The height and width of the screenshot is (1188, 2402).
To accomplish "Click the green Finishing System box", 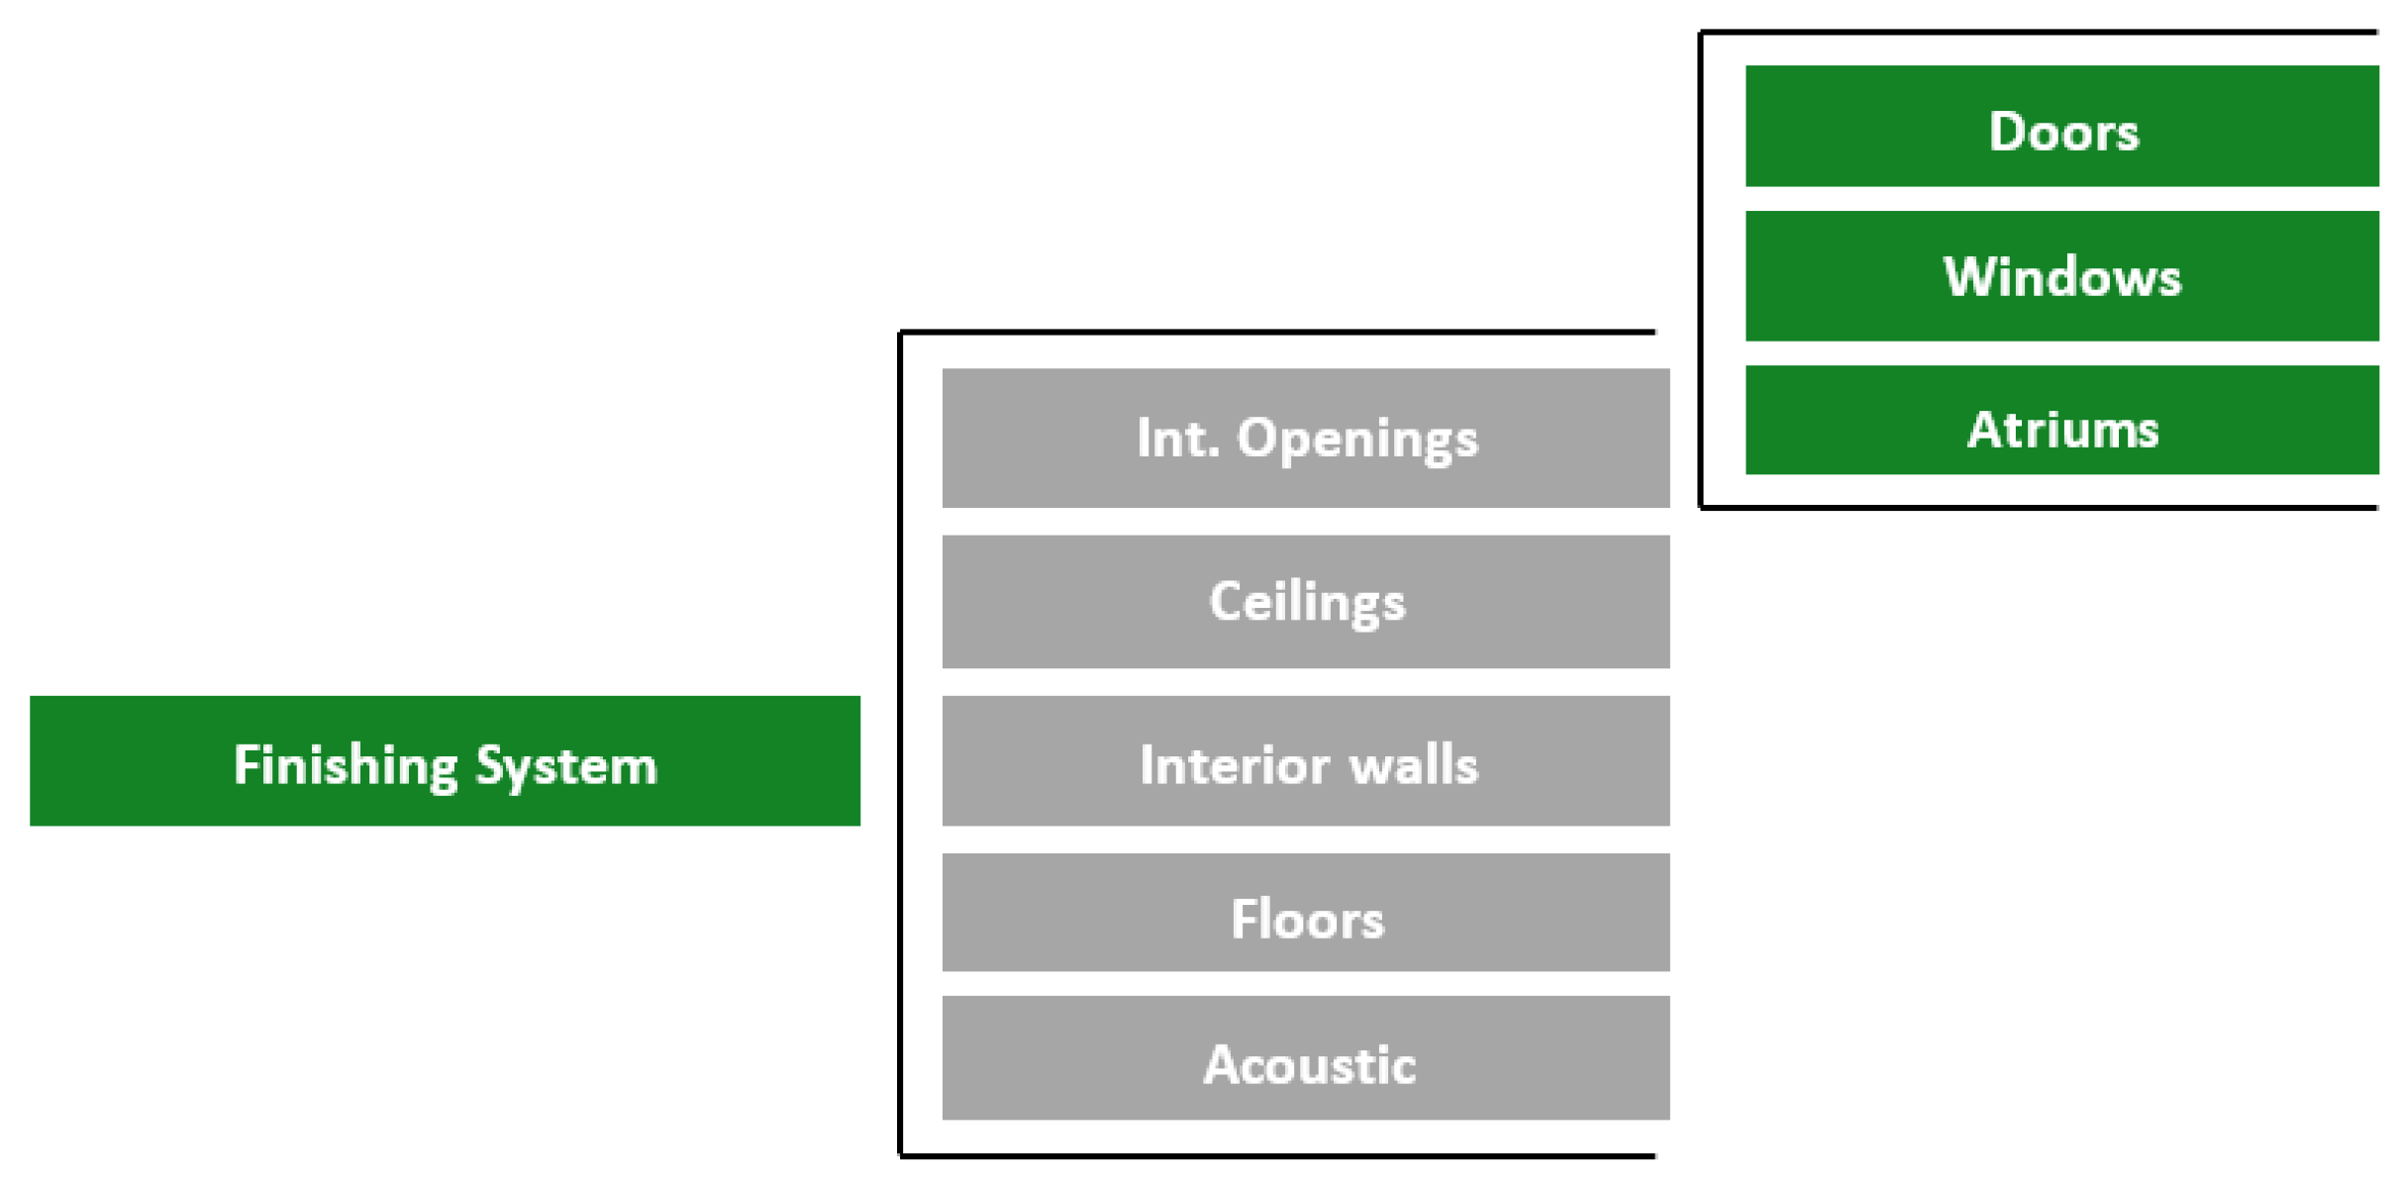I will point(445,760).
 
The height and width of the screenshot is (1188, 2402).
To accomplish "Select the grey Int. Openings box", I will point(1305,438).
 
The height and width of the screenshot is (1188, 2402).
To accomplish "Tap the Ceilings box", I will point(1305,601).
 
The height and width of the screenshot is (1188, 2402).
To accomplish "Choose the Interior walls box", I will point(1305,760).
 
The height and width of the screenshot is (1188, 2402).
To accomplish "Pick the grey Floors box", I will point(1305,912).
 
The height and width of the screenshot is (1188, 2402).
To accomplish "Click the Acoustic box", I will point(1305,1057).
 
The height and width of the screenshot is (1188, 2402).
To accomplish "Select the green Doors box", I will point(2061,126).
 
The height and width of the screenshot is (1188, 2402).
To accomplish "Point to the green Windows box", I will point(2061,275).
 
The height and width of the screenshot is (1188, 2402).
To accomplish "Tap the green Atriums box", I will point(2061,420).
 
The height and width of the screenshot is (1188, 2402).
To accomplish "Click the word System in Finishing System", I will point(565,766).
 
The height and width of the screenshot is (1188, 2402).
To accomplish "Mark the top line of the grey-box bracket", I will point(1277,332).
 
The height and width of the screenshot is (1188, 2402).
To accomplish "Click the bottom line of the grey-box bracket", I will point(1277,1155).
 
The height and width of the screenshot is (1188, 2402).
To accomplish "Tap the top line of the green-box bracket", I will point(2040,32).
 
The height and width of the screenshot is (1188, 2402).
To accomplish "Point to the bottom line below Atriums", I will point(2040,508).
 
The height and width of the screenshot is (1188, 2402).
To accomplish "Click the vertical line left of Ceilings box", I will point(900,601).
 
